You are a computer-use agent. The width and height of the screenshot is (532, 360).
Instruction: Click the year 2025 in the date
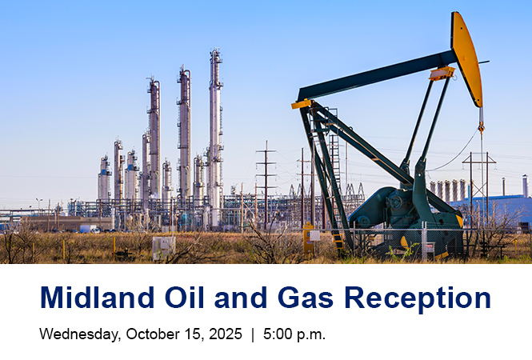click(x=224, y=334)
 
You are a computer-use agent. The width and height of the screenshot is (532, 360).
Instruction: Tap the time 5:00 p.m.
click(x=294, y=334)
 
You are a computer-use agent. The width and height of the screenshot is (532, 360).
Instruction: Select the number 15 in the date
click(x=193, y=334)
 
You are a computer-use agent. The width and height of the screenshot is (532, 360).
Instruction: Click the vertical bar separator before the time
click(x=253, y=334)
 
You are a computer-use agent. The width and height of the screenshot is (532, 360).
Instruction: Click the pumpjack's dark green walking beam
click(x=376, y=77)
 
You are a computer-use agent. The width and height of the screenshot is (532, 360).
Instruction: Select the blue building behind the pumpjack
click(x=500, y=210)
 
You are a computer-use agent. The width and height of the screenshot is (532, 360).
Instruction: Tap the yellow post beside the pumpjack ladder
click(x=308, y=241)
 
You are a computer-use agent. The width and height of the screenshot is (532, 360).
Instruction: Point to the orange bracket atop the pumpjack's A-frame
click(x=302, y=104)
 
